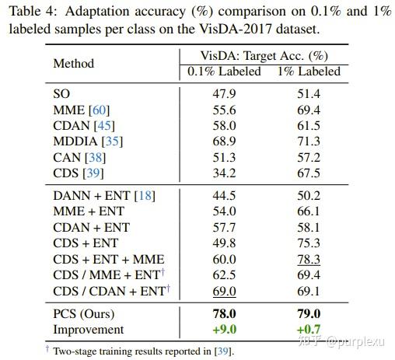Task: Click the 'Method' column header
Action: tap(73, 64)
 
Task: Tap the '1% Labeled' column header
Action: tap(309, 72)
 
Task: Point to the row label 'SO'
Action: tap(61, 93)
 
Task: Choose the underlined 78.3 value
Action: tap(309, 259)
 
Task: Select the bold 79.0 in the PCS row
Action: tap(309, 313)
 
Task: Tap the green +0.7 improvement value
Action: tap(309, 329)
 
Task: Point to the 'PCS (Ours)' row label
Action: tap(83, 313)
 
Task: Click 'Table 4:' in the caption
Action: tap(30, 12)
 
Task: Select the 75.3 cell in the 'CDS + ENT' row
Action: tap(309, 243)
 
